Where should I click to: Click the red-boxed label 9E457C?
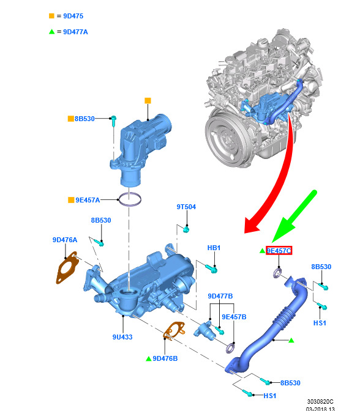coord(279,251)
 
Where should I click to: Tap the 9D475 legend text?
coord(73,16)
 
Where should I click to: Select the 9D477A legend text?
coord(75,32)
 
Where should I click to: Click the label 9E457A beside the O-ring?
coord(88,200)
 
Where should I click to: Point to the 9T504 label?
coord(186,207)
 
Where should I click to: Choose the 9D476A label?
coord(65,240)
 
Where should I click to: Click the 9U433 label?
coord(122,337)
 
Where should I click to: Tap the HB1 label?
coord(214,248)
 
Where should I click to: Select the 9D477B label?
coord(220,296)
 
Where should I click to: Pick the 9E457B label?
coord(234,317)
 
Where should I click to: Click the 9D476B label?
coord(165,358)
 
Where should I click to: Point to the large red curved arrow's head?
coord(251,226)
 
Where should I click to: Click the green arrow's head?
coord(282,231)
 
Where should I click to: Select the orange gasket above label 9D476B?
coord(174,331)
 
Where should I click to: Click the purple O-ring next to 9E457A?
coord(130,199)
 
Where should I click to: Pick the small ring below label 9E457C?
coord(277,273)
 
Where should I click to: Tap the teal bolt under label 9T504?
coord(186,230)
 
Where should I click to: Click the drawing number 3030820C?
coord(320,402)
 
